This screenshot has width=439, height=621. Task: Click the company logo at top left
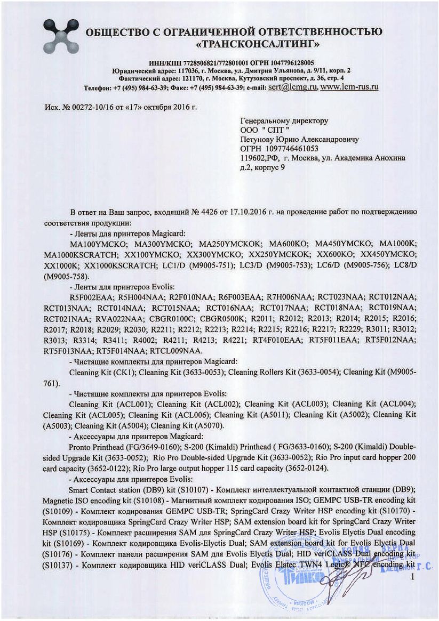(60, 35)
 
